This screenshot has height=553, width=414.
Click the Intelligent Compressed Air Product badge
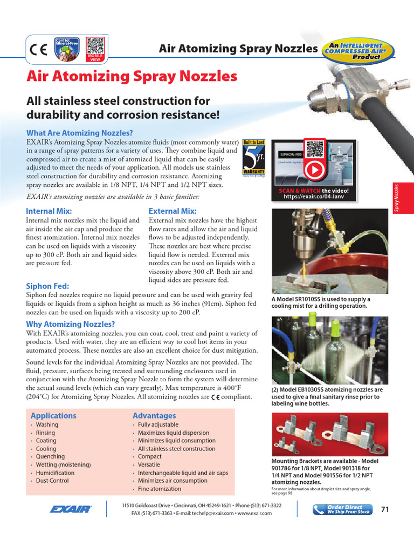click(x=357, y=49)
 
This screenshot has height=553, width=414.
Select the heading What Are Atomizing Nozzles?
click(x=80, y=133)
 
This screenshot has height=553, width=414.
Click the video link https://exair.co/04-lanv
click(x=313, y=197)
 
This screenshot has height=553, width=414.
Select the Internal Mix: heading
click(x=49, y=211)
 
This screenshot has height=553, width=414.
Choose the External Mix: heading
click(x=172, y=211)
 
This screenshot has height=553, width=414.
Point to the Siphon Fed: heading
click(x=47, y=286)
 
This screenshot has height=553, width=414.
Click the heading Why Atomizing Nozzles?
click(x=71, y=324)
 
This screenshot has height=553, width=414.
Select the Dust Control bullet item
click(x=52, y=481)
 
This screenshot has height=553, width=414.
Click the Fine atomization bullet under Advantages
click(x=160, y=489)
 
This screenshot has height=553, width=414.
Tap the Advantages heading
click(x=154, y=416)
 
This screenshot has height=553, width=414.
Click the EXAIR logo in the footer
click(x=71, y=509)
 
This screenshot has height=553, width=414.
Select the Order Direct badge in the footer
click(x=342, y=509)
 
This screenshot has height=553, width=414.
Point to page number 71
click(x=385, y=509)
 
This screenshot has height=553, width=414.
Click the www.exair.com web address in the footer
click(x=254, y=513)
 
